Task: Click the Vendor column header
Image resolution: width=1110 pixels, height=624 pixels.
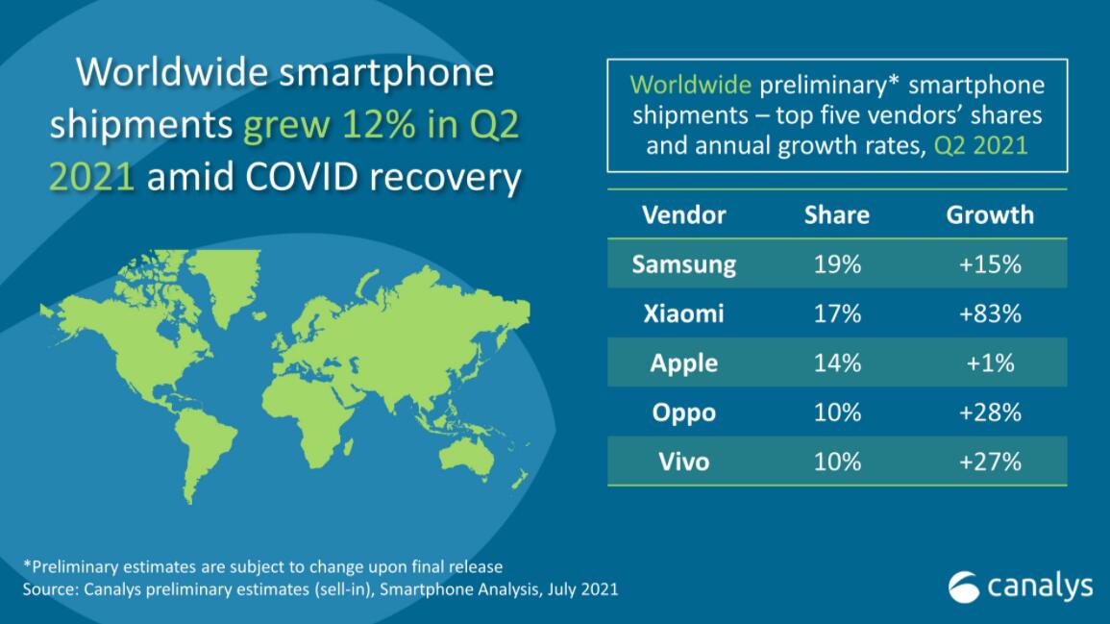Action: (x=684, y=213)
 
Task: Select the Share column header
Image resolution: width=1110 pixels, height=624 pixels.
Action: (x=836, y=213)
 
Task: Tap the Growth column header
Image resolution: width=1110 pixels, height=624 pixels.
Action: (x=990, y=213)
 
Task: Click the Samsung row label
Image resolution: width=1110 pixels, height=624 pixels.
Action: (x=684, y=263)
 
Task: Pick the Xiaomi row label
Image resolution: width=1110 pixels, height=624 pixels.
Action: (x=684, y=313)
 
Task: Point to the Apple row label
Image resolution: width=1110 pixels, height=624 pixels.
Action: (x=684, y=362)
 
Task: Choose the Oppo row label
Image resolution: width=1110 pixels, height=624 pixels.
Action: (x=684, y=412)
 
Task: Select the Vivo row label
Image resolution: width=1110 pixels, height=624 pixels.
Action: (x=684, y=462)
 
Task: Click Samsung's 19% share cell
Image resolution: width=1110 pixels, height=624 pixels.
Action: (x=836, y=263)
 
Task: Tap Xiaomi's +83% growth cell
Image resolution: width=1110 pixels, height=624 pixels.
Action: (x=990, y=313)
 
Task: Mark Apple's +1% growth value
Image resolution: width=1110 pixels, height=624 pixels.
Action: (x=990, y=362)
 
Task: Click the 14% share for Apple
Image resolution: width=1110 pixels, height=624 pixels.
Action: (x=836, y=362)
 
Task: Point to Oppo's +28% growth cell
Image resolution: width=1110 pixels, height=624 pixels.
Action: (x=990, y=412)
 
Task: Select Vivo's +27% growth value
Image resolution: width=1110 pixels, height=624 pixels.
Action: (x=990, y=462)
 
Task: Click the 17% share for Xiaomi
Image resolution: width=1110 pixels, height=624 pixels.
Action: (x=836, y=313)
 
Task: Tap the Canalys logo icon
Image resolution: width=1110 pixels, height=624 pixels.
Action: (x=964, y=584)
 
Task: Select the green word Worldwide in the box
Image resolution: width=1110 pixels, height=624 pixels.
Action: (x=690, y=85)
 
